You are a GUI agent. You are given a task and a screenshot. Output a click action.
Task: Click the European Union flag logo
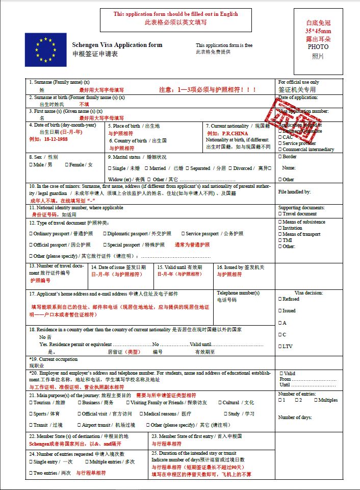45,50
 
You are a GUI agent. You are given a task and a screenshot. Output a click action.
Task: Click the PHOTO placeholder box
318,41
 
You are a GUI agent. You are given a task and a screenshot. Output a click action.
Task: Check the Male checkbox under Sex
31,165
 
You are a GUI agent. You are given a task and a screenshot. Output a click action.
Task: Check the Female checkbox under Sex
67,165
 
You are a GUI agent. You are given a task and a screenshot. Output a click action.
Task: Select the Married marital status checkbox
146,168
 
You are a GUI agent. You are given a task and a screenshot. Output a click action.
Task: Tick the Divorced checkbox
230,168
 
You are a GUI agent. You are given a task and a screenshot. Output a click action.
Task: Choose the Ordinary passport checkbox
31,234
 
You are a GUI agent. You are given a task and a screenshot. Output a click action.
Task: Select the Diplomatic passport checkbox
104,234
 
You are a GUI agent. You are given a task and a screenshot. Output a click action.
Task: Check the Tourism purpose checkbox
31,403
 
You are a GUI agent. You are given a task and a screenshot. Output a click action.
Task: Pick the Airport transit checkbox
79,425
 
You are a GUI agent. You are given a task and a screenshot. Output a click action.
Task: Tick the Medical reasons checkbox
141,414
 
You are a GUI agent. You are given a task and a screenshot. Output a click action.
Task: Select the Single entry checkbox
31,462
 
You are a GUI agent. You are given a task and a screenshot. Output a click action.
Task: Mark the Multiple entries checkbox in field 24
87,462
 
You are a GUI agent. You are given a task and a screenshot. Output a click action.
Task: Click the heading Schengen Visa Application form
117,45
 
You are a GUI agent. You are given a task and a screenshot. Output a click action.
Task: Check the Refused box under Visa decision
279,299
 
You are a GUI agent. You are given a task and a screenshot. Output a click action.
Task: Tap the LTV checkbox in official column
279,347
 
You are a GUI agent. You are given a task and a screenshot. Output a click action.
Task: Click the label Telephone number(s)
238,293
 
